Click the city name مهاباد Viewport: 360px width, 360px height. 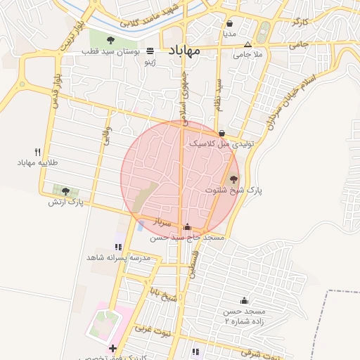pyautogui.click(x=184, y=51)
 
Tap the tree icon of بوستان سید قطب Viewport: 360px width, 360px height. pyautogui.click(x=112, y=39)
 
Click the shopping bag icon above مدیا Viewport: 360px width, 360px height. pyautogui.click(x=230, y=22)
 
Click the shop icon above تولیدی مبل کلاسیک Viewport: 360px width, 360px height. pyautogui.click(x=222, y=133)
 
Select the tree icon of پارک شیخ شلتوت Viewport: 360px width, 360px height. pyautogui.click(x=233, y=179)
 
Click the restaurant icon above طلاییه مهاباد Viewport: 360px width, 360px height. pyautogui.click(x=37, y=152)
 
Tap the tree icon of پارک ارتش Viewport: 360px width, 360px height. pyautogui.click(x=65, y=191)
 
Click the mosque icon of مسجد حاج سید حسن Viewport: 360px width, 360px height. pyautogui.click(x=187, y=227)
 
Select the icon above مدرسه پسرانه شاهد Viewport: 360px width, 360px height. pyautogui.click(x=118, y=247)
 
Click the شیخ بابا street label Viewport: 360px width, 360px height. pyautogui.click(x=169, y=291)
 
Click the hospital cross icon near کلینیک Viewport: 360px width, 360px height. pyautogui.click(x=112, y=349)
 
